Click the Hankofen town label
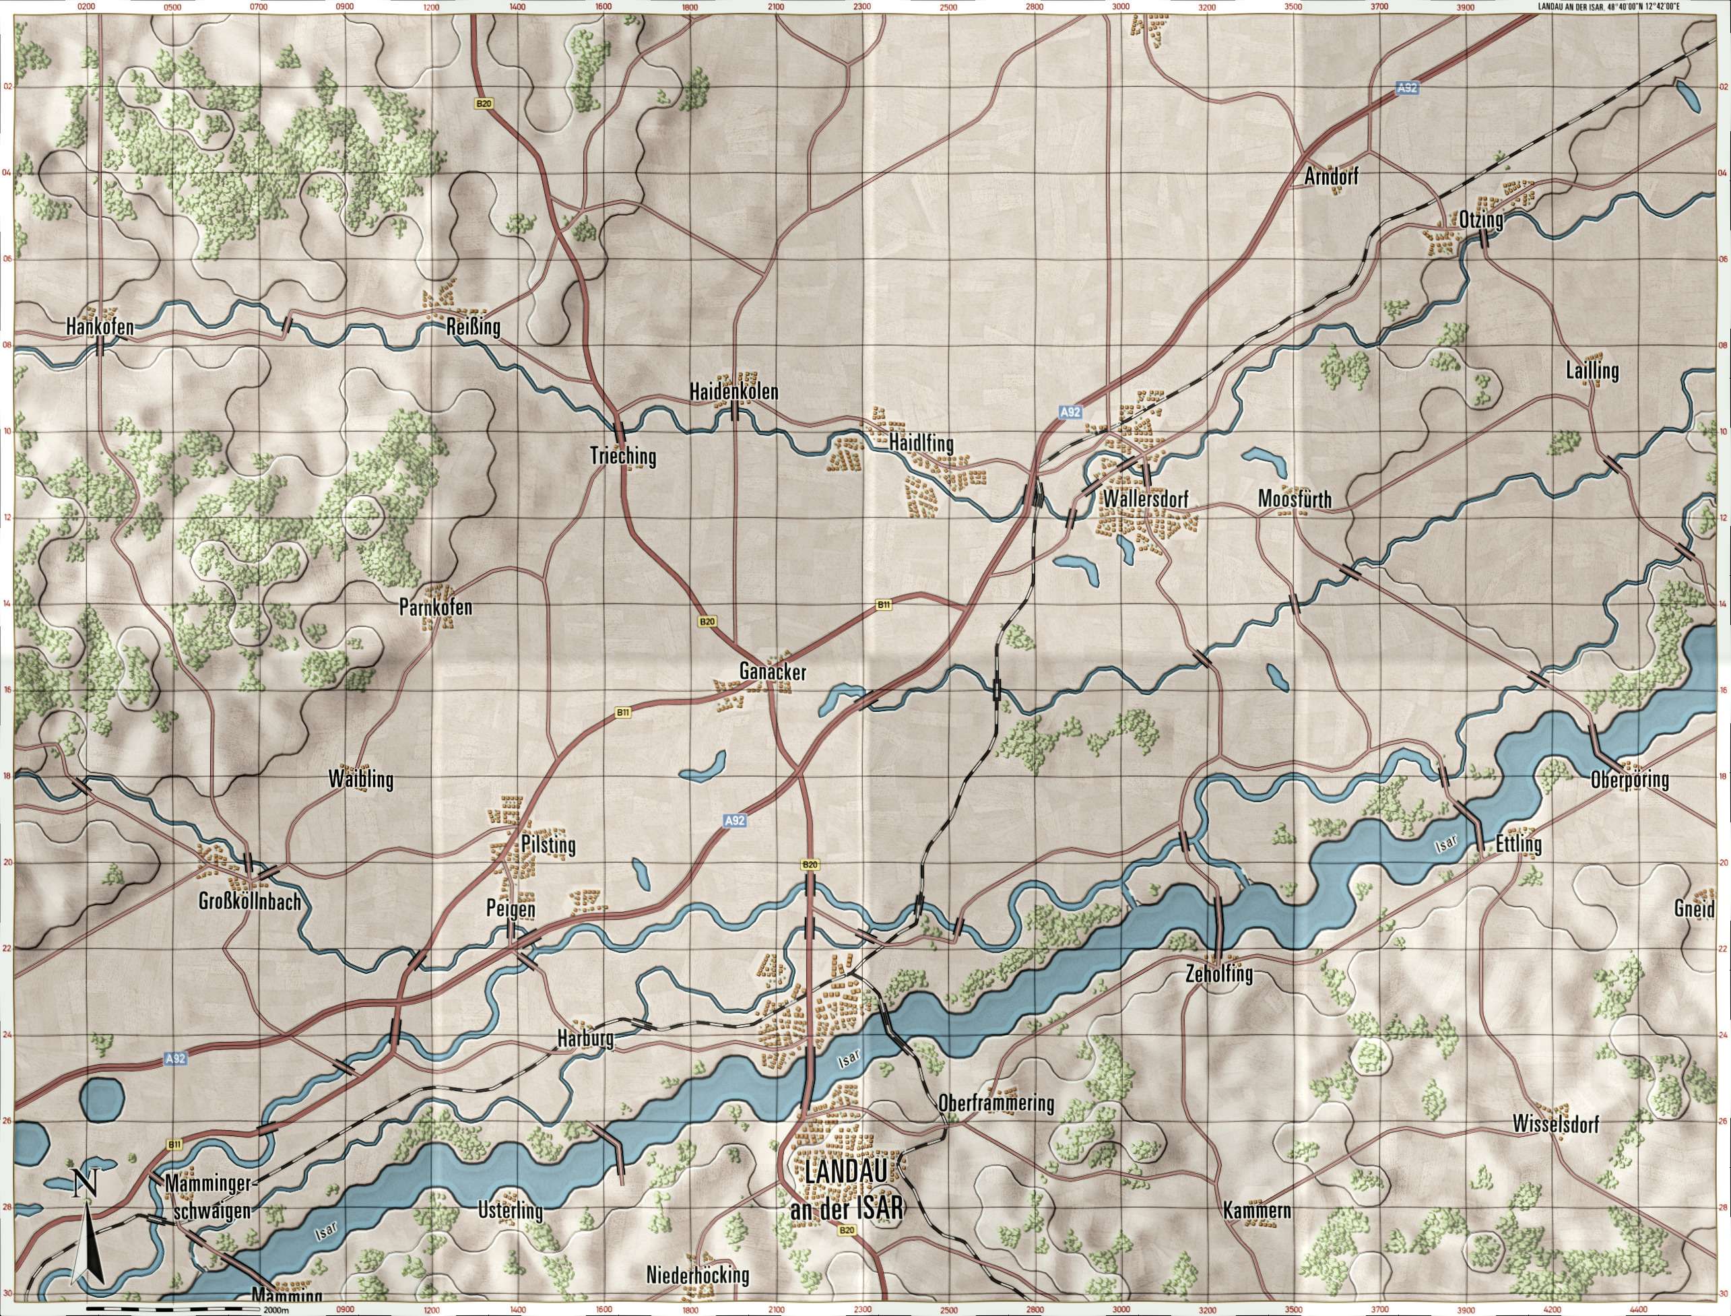(x=100, y=327)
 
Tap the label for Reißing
(x=472, y=327)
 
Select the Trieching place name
(x=624, y=456)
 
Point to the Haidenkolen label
(x=734, y=390)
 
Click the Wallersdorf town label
(x=1145, y=499)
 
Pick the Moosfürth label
(x=1294, y=499)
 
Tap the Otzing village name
(x=1480, y=220)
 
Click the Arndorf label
(x=1332, y=178)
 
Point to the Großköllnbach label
(x=250, y=902)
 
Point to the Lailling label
(x=1592, y=370)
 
